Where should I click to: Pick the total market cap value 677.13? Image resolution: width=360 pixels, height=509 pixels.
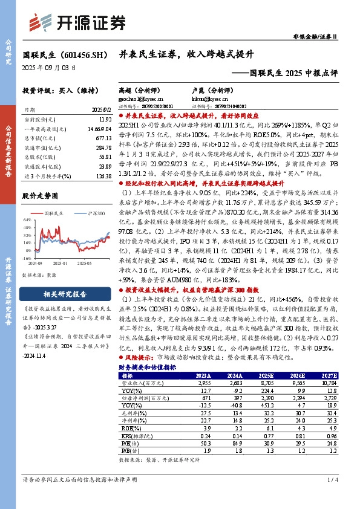click(103, 138)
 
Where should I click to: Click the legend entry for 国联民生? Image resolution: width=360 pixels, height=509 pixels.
click(53, 213)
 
